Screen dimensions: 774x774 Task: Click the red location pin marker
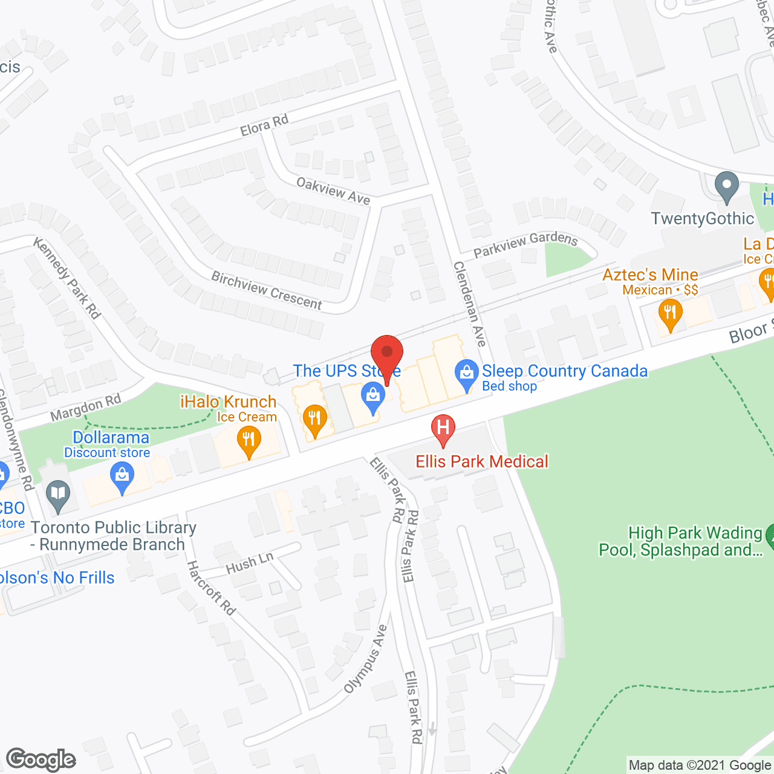point(386,354)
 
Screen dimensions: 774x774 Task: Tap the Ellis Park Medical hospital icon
point(443,428)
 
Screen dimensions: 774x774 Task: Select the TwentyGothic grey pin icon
point(726,187)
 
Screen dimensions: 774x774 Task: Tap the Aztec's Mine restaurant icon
point(670,314)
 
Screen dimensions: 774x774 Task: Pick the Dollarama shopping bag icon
point(122,477)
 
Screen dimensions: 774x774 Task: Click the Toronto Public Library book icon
point(58,495)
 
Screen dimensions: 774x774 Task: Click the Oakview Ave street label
point(333,190)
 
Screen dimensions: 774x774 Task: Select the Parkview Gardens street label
point(525,244)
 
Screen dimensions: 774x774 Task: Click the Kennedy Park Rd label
point(67,278)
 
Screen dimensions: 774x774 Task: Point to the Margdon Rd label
point(86,408)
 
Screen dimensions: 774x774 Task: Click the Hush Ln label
point(249,563)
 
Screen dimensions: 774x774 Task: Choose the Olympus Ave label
point(365,659)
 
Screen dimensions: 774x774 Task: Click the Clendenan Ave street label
point(470,304)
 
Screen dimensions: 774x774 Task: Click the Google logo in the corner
point(41,759)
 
